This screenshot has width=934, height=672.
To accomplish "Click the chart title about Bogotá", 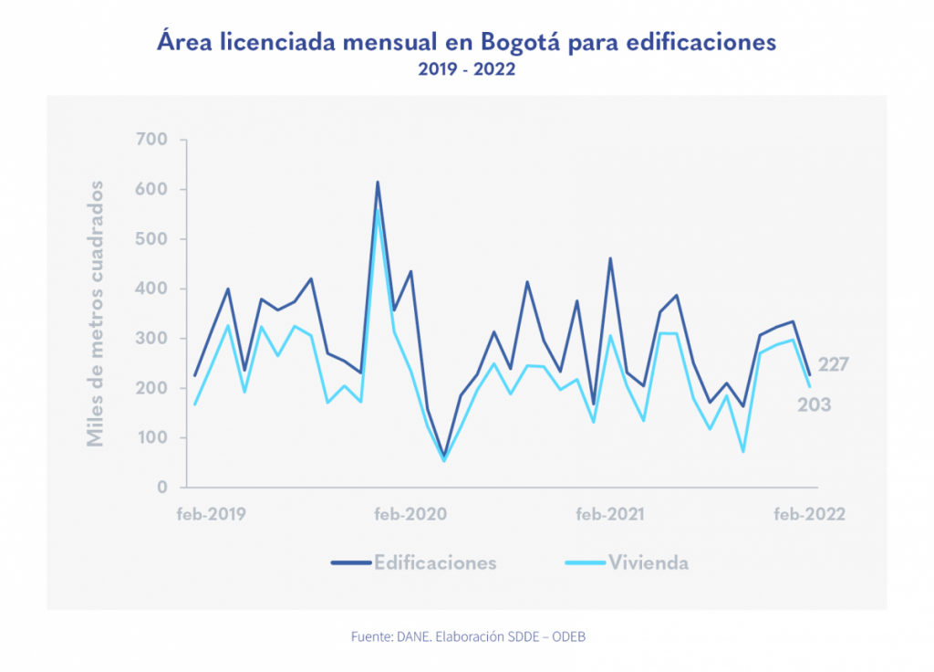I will pos(466,43).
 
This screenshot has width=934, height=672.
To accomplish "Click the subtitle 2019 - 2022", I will pos(466,69).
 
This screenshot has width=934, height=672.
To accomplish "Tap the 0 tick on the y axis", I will pos(161,488).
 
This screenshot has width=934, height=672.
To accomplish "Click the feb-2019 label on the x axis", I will pos(212,514).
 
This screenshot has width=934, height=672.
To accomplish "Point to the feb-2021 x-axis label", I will pos(610,514).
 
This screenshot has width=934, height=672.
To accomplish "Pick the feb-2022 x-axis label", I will pos(810,514).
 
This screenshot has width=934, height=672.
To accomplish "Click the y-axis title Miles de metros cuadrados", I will pos(95,313).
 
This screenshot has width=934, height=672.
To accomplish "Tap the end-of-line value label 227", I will pos(834,365).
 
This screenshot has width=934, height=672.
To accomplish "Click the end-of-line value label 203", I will pos(815,404).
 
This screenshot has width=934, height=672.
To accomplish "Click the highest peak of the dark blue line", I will pos(378,183).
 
